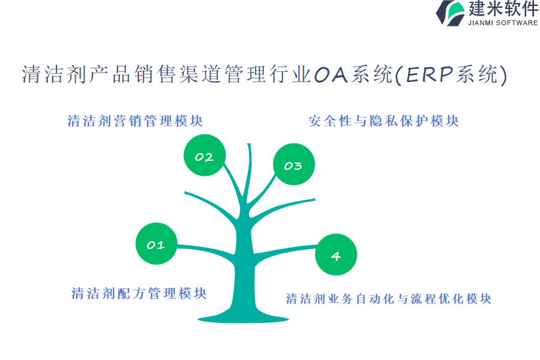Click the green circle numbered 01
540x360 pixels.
coord(157,244)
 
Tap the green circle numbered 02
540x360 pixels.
coord(205,155)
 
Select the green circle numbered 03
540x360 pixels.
coord(294,164)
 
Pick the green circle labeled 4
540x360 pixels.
coord(336,254)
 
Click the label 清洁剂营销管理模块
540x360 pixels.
coord(135,121)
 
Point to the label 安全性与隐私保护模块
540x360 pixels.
coord(383,121)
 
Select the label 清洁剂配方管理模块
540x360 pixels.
coord(139,293)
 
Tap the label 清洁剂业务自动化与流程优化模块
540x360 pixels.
coord(388,299)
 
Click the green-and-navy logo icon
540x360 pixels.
coord(451,13)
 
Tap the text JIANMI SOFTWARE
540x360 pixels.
coord(503,23)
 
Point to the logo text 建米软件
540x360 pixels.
coord(503,8)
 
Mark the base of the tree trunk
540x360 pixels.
coord(244,319)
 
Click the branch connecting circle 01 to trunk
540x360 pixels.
coord(206,250)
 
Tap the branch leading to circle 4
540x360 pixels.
coord(285,250)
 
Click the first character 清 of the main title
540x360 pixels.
coord(32,74)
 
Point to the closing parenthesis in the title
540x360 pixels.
coord(503,75)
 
